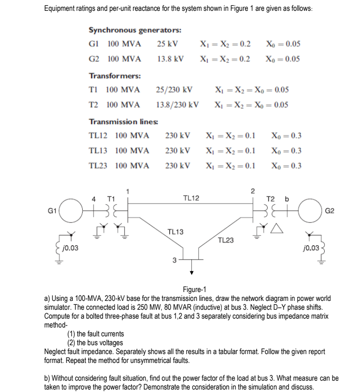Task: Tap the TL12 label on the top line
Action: tap(191, 198)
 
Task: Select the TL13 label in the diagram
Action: tap(176, 231)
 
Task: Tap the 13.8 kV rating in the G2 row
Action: tap(170, 59)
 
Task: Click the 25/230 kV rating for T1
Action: tap(174, 90)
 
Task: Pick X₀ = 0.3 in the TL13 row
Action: tap(286, 151)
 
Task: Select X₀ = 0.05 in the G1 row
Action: tap(283, 43)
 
